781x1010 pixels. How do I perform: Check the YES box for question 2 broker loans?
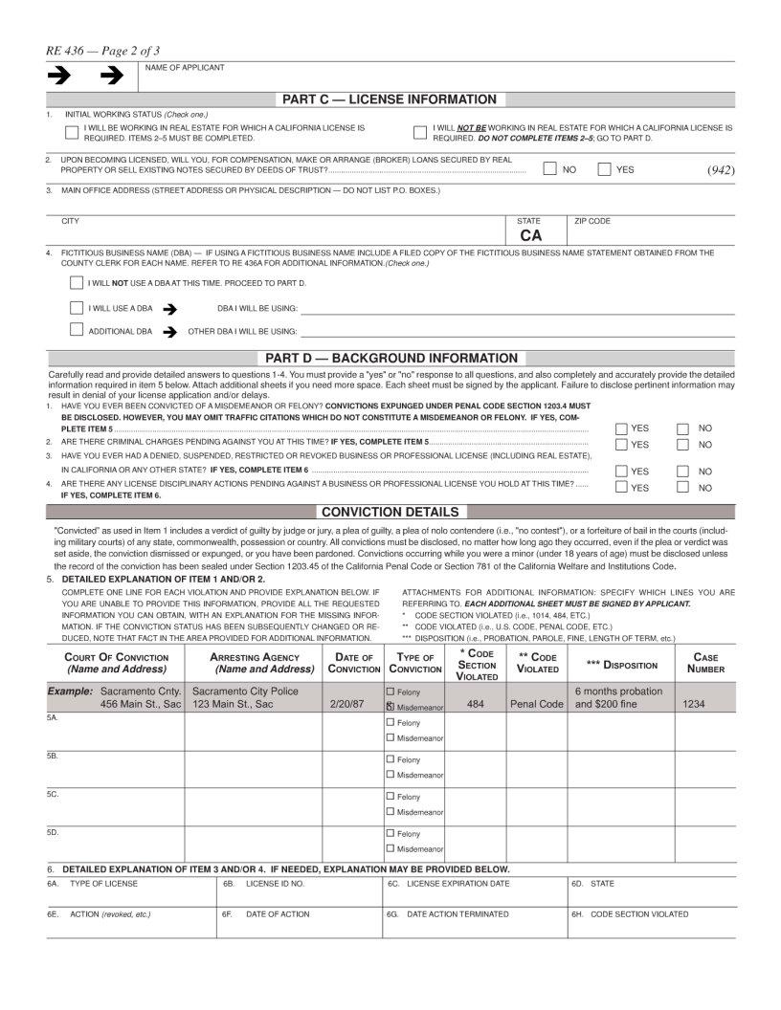pos(604,170)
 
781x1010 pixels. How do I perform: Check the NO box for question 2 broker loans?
pos(550,170)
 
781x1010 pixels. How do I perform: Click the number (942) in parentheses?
pos(720,169)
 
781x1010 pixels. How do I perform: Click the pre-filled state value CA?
pos(531,235)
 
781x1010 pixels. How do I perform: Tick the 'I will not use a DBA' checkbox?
pos(77,283)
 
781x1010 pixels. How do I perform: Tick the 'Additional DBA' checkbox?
pos(77,331)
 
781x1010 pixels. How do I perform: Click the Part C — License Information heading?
pos(389,99)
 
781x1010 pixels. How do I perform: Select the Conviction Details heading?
pos(390,512)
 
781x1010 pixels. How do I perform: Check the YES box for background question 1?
pos(622,428)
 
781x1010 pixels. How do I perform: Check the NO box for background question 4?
pos(683,488)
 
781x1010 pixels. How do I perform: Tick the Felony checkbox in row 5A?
pos(390,723)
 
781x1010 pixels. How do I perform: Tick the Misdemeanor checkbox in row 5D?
pos(390,848)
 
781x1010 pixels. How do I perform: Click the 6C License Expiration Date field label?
pos(449,884)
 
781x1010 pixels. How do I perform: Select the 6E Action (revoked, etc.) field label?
pos(100,914)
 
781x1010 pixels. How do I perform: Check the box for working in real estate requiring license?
pos(73,133)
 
